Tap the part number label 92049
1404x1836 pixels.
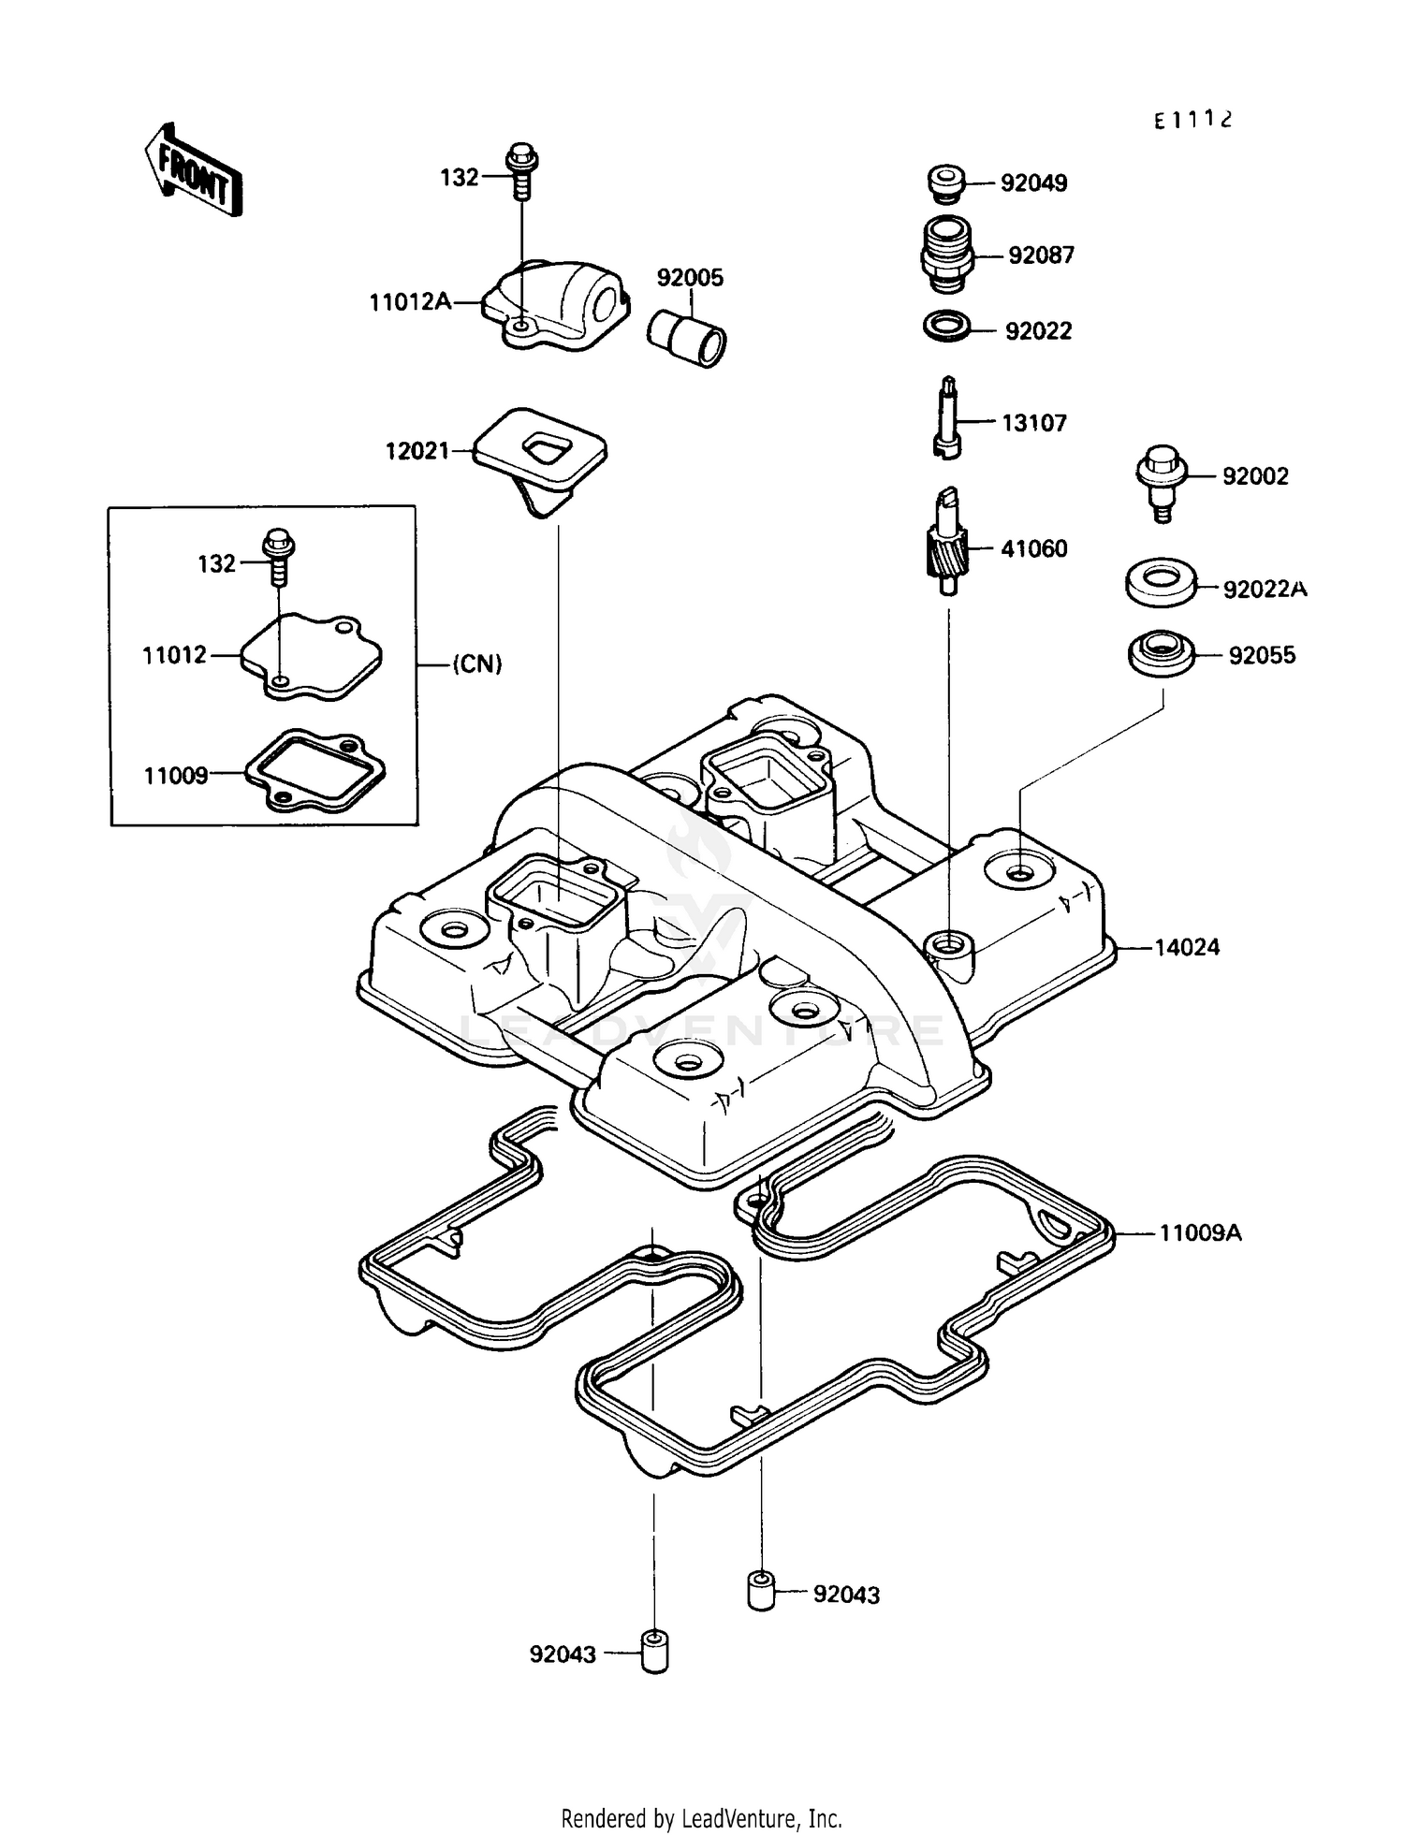pyautogui.click(x=1033, y=183)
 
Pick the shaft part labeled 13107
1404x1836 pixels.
pyautogui.click(x=947, y=417)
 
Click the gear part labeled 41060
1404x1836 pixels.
pyautogui.click(x=946, y=543)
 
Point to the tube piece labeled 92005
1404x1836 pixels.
pyautogui.click(x=688, y=338)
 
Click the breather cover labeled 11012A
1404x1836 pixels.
pyautogui.click(x=558, y=305)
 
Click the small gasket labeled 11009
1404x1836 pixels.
pyautogui.click(x=315, y=770)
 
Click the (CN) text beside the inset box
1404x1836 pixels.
pyautogui.click(x=477, y=664)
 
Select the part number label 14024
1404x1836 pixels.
pyautogui.click(x=1186, y=947)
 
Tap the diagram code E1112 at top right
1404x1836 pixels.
pyautogui.click(x=1192, y=120)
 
